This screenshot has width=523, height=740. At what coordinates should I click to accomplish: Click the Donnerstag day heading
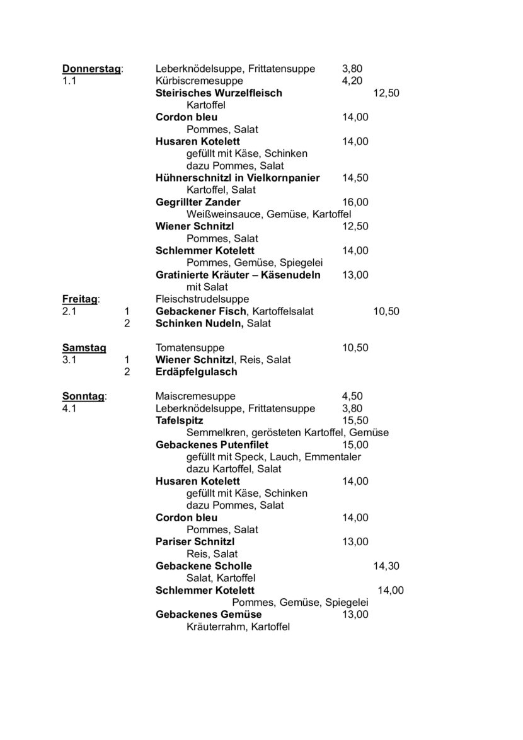pos(91,69)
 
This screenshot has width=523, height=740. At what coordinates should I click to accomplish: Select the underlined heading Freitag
pos(80,299)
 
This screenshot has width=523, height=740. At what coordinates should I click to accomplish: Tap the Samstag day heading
pos(84,347)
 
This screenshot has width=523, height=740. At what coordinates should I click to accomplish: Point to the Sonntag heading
pos(84,396)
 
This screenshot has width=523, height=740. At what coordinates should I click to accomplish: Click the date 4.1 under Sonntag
pos(69,408)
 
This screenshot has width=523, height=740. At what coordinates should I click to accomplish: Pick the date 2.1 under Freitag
pos(69,311)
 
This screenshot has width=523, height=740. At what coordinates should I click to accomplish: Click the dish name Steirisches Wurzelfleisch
pos(219,93)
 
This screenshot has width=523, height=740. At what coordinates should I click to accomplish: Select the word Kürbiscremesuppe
pos(199,81)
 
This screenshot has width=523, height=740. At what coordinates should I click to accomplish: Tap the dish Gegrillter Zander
pos(198,202)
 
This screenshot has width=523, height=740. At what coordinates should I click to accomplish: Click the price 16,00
pos(355,202)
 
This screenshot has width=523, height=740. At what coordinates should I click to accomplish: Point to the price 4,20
pos(352,81)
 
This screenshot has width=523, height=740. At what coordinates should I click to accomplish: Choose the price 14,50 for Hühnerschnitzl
pos(355,178)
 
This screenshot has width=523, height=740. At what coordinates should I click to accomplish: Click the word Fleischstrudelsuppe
pos(202,299)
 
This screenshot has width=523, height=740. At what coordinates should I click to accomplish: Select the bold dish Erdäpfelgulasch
pos(196,372)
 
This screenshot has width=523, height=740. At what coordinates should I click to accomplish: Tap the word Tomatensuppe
pos(190,347)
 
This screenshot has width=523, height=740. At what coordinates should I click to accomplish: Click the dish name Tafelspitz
pos(179,420)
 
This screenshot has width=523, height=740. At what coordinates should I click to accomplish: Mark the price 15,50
pos(355,420)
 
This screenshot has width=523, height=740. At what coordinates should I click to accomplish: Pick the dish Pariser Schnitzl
pos(195,541)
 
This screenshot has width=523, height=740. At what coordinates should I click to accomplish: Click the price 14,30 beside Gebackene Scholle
pos(386,566)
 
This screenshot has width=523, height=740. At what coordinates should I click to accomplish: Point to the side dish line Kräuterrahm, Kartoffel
pos(238,627)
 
